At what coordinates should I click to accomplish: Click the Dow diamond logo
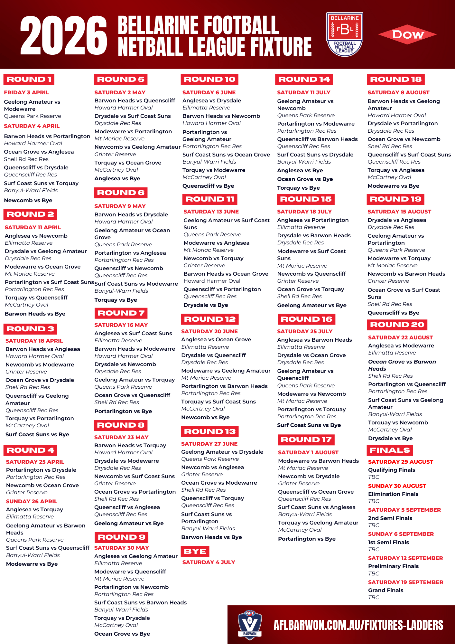click(407, 34)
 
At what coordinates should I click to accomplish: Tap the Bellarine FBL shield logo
click(345, 34)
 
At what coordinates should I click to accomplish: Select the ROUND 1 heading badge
click(29, 79)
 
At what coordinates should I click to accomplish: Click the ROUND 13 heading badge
click(209, 431)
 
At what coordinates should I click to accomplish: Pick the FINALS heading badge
click(390, 450)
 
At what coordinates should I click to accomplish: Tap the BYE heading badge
click(195, 551)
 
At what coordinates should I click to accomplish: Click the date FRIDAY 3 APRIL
click(26, 92)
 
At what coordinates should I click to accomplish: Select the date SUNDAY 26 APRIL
click(32, 501)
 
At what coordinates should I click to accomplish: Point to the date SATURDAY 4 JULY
click(209, 562)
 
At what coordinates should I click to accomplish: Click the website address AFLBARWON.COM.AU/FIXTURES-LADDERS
click(358, 625)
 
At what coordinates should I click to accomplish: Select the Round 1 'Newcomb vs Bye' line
click(28, 200)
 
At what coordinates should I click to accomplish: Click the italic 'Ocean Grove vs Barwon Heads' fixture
click(402, 365)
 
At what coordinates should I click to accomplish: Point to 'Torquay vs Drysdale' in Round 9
click(122, 618)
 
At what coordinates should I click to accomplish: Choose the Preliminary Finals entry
click(393, 566)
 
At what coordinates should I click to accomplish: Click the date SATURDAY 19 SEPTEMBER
click(405, 582)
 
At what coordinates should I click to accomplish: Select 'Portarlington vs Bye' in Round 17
click(307, 539)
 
